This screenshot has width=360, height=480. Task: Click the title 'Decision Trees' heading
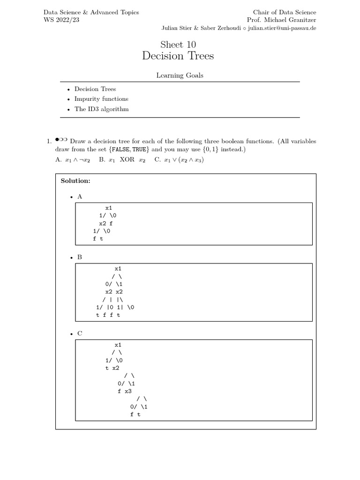pyautogui.click(x=178, y=56)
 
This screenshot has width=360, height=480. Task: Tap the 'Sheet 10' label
pyautogui.click(x=178, y=45)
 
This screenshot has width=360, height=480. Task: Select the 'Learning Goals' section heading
pyautogui.click(x=180, y=75)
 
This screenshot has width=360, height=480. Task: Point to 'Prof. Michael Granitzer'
pyautogui.click(x=281, y=20)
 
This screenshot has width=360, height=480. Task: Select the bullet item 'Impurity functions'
pyautogui.click(x=101, y=99)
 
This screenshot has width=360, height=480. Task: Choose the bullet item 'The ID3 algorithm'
pyautogui.click(x=101, y=109)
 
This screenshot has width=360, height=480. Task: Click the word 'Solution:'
pyautogui.click(x=75, y=180)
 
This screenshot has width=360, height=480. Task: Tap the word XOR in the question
pyautogui.click(x=127, y=159)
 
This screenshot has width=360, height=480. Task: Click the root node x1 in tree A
pyautogui.click(x=109, y=208)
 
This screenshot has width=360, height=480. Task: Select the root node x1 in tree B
pyautogui.click(x=118, y=269)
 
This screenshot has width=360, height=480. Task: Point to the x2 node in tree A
pyautogui.click(x=102, y=224)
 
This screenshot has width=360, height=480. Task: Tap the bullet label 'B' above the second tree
pyautogui.click(x=80, y=257)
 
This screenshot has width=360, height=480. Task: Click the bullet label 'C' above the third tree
pyautogui.click(x=80, y=333)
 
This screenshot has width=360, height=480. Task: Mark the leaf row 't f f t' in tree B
pyautogui.click(x=108, y=315)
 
